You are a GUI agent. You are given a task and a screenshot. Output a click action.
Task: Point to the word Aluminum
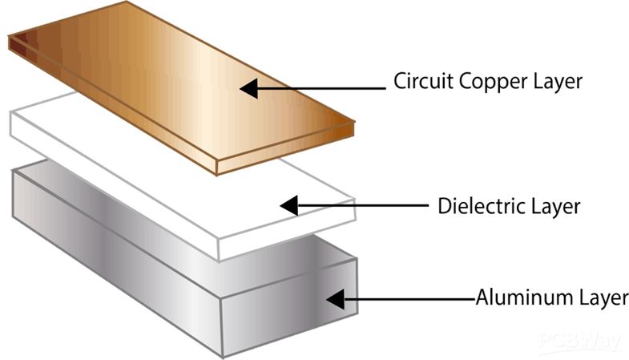(514, 298)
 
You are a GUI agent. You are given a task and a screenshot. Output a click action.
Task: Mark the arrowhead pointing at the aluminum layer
(334, 300)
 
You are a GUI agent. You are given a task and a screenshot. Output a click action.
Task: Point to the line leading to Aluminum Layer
(409, 300)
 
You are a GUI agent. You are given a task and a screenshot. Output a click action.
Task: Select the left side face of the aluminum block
(112, 257)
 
